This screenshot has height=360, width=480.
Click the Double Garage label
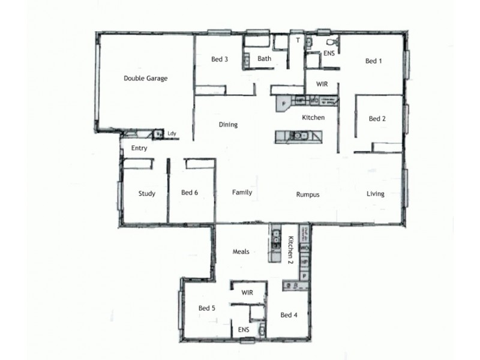coord(145,78)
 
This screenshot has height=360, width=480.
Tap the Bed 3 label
coord(220,59)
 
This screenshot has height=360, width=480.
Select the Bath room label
coord(265,59)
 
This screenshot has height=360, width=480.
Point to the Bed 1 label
coord(374,61)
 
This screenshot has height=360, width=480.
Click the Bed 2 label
coord(377,119)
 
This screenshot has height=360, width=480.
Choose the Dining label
coord(228,125)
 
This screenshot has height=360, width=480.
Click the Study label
coord(147,193)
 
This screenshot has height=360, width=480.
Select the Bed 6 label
coord(190,193)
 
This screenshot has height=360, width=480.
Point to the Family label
coord(242,193)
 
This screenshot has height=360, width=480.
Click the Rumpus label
coord(307,194)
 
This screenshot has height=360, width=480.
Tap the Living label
coord(376,194)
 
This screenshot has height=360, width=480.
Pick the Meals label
coord(241,251)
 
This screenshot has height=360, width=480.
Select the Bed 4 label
coord(289,315)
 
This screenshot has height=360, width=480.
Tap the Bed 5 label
coord(207,308)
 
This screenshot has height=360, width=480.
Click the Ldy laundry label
coord(172,134)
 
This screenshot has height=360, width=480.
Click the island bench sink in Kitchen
coord(295,136)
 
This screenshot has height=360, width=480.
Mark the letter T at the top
coord(298,41)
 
